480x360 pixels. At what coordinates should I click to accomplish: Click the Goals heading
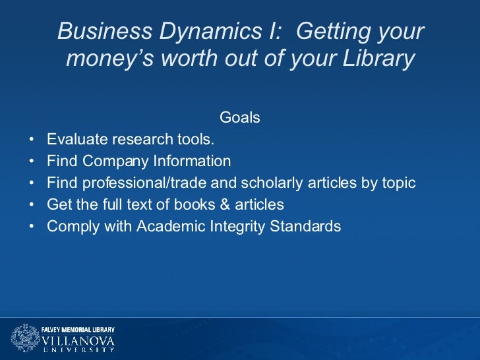coord(239,118)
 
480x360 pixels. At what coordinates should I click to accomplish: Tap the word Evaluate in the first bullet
coord(77,140)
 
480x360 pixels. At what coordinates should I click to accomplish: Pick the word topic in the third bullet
coord(398,183)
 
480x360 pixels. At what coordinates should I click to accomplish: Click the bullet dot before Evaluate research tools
coord(32,140)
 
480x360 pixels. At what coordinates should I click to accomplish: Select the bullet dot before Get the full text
coord(32,205)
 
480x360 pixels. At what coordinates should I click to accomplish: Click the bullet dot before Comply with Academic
coord(32,227)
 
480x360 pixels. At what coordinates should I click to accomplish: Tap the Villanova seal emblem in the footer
coord(24,338)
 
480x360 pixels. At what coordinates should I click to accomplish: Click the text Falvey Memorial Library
coord(78,329)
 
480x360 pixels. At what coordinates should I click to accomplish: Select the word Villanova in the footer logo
coord(78,340)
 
